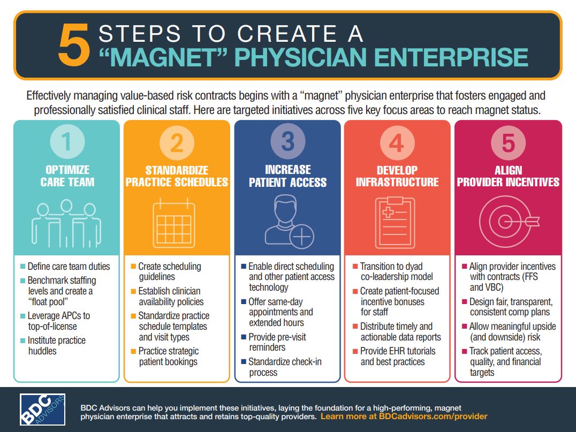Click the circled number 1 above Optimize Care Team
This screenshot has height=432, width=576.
point(66,142)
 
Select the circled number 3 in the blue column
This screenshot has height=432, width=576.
point(287,142)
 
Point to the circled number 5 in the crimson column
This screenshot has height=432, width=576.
point(507,143)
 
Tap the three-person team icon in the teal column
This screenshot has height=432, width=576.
point(66,219)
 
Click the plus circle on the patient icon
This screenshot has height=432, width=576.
point(303,235)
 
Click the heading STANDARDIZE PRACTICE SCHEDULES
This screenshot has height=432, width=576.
point(177,176)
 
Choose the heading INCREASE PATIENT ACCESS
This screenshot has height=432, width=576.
point(287,176)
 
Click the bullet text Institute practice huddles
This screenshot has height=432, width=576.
point(57,346)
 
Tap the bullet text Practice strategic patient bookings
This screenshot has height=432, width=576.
point(168,357)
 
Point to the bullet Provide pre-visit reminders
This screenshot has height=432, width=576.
point(277,342)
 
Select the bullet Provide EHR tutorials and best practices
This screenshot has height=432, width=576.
point(398,357)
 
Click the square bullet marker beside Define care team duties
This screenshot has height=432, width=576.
point(22,267)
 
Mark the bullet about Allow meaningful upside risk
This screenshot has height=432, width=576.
point(512,332)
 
